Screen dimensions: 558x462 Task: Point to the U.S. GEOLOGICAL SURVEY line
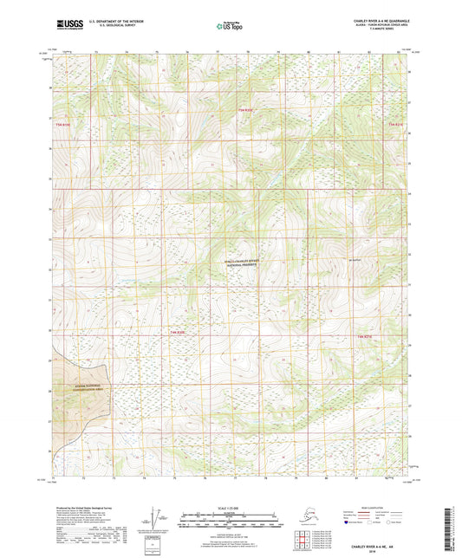pyautogui.click(x=113, y=25)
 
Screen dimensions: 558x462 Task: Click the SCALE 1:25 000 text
pyautogui.click(x=230, y=508)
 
